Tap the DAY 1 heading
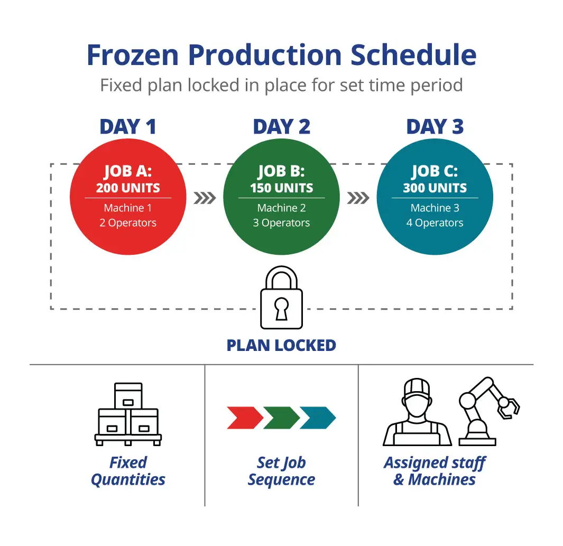click(128, 127)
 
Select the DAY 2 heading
click(281, 127)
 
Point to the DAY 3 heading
click(435, 127)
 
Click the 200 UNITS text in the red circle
click(128, 188)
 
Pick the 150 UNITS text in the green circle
click(281, 188)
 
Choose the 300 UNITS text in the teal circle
click(435, 188)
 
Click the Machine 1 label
click(128, 208)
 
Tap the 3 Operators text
click(281, 223)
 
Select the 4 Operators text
click(435, 223)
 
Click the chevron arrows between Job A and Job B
click(205, 198)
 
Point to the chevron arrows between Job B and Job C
click(358, 198)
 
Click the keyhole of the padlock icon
click(281, 309)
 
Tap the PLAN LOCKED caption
click(281, 346)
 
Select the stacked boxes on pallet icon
click(128, 414)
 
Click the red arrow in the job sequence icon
click(245, 418)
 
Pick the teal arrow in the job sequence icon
click(318, 418)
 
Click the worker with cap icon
click(417, 413)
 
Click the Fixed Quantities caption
click(128, 471)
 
